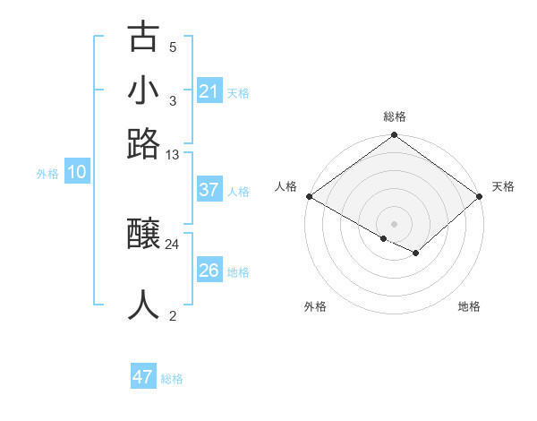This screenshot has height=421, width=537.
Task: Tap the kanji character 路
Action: point(144,143)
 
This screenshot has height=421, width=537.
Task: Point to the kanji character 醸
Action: point(144,235)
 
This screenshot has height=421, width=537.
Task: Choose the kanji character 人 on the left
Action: point(144,305)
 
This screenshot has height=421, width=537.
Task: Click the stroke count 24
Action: point(173,244)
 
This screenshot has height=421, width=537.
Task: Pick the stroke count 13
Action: point(173,154)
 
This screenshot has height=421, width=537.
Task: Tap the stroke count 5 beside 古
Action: point(173,47)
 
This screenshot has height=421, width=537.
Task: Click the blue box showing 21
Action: point(209,91)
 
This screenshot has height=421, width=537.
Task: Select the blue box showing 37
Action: point(209,190)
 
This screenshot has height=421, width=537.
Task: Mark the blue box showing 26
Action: point(209,271)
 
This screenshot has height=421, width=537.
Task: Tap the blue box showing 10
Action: point(76,173)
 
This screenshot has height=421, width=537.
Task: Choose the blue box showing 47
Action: point(143,377)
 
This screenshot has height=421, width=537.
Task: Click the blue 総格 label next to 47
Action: point(172,379)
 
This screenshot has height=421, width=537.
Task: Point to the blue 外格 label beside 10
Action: point(47,174)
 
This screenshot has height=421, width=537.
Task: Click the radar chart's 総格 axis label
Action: point(394,117)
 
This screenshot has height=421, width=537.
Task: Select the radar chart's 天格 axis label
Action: point(503,186)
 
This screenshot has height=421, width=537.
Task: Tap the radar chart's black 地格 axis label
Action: point(469,307)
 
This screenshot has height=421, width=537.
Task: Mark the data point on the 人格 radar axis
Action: point(309,196)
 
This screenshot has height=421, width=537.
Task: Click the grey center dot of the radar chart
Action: point(394,223)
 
